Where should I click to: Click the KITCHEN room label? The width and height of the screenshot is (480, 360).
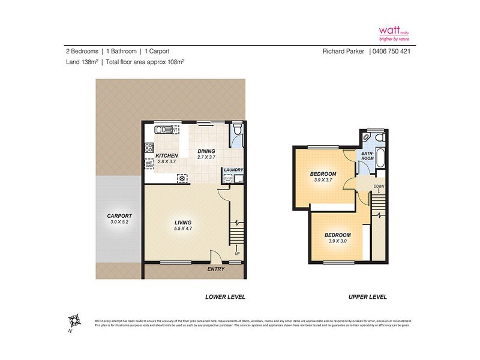[x=167, y=155]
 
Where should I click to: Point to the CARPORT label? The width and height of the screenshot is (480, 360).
[x=119, y=216]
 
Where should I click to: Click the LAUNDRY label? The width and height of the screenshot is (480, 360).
[x=233, y=170]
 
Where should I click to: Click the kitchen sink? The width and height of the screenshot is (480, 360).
[x=163, y=128]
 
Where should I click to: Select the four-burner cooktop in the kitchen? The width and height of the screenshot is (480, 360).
[x=148, y=147]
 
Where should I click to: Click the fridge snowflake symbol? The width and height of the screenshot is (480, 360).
[x=181, y=178]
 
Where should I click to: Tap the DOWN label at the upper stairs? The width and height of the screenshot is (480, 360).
[x=378, y=187]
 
